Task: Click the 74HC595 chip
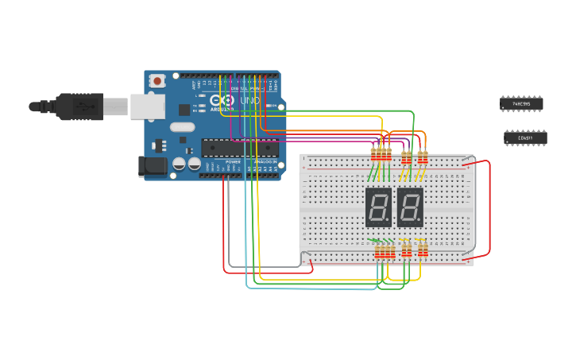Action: [521, 103]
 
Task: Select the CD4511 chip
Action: [525, 138]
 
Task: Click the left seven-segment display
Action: [378, 207]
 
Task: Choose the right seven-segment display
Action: [410, 207]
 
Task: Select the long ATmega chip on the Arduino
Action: [239, 147]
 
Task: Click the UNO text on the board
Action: [249, 102]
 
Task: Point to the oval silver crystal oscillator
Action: [181, 127]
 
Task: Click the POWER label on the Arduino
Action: [233, 161]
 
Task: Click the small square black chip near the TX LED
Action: [184, 110]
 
